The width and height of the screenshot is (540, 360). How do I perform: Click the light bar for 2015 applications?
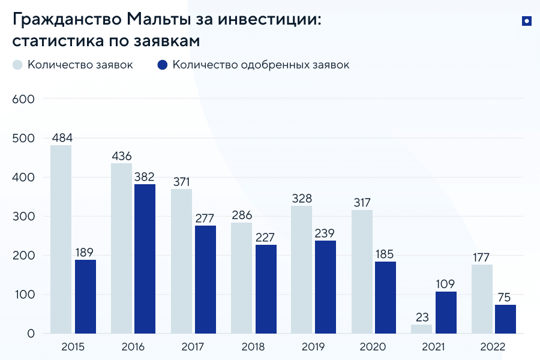click(x=61, y=239)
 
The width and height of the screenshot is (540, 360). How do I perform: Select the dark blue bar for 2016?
click(x=145, y=259)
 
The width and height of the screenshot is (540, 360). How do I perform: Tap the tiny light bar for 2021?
click(x=422, y=329)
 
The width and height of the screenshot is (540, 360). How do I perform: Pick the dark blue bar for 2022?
click(x=506, y=319)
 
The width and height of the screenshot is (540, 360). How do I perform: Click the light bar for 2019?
click(x=301, y=269)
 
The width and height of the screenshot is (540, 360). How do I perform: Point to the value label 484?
click(x=62, y=138)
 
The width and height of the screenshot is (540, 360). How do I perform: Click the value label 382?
click(x=145, y=177)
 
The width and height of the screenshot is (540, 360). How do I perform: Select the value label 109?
click(x=446, y=284)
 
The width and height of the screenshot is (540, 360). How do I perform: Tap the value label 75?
click(x=506, y=297)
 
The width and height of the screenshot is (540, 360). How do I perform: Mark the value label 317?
click(x=362, y=202)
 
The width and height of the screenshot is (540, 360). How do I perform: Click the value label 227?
click(x=265, y=237)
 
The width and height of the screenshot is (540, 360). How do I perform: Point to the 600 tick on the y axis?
click(x=23, y=99)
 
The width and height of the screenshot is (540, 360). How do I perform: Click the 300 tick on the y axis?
click(x=23, y=217)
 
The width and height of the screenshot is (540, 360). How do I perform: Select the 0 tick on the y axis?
click(x=30, y=334)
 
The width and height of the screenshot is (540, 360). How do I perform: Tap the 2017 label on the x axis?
click(x=193, y=347)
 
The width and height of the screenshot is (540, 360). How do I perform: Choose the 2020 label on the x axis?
click(x=373, y=347)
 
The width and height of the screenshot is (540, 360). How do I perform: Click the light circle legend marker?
click(x=17, y=65)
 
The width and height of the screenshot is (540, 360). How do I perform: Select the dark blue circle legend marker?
click(x=162, y=65)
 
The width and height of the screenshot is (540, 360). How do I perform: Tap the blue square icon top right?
click(x=526, y=22)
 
